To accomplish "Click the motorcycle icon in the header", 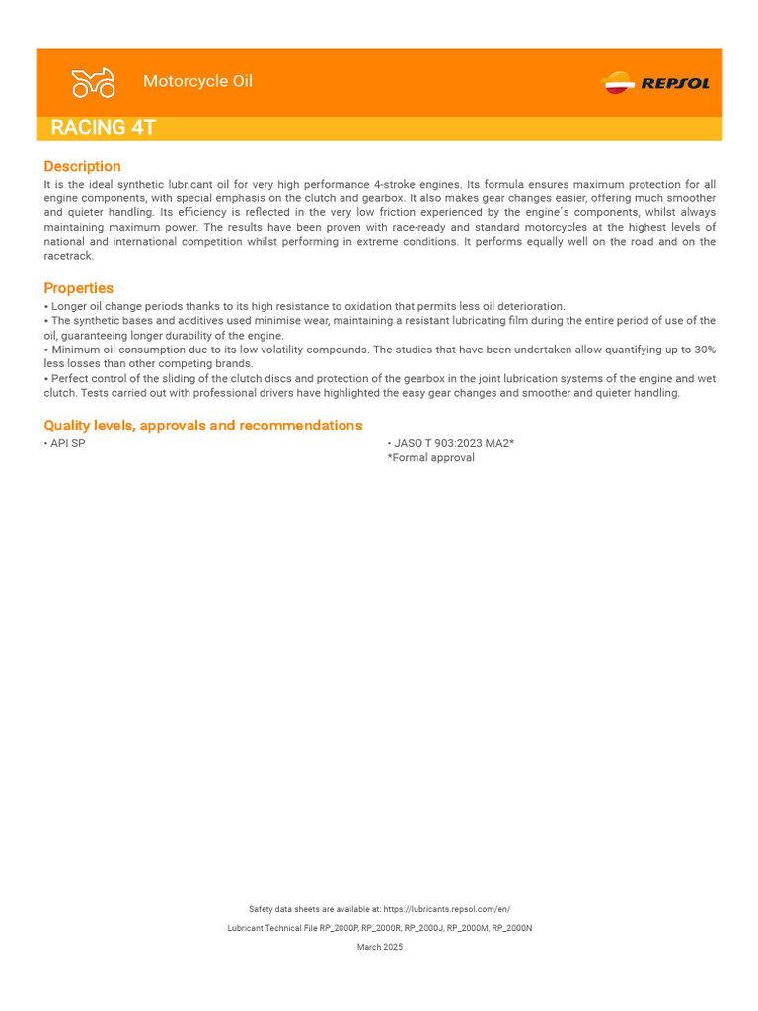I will point(94,83).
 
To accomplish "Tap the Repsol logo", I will point(655,83).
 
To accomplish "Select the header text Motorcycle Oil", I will point(197,81).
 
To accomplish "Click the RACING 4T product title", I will point(103,128).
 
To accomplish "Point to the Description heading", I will point(82,166).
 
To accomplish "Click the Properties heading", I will point(78,288).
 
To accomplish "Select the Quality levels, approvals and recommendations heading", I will point(202,426).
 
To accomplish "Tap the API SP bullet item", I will point(67,444).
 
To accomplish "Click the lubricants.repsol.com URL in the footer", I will point(446,909).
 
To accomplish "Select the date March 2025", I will point(379,947).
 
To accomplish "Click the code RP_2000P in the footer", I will point(339,928).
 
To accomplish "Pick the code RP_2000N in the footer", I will point(511,928).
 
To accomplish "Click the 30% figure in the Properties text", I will point(703,350).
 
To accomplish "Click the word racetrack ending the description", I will point(68,257).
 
